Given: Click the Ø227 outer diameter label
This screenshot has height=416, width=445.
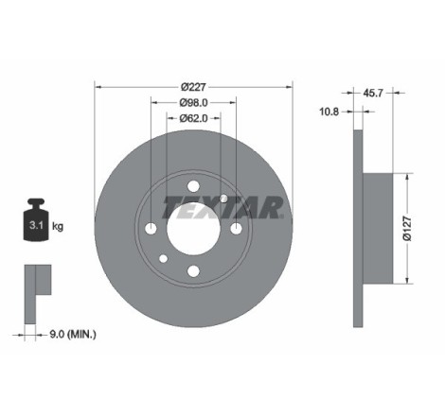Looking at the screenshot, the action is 193,87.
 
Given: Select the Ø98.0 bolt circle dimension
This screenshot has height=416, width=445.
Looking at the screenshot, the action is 193,103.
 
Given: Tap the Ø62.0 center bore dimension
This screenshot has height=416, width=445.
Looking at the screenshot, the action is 193,118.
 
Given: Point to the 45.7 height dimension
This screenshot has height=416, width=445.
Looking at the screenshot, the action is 373,93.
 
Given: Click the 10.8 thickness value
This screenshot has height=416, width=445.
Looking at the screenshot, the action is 329,112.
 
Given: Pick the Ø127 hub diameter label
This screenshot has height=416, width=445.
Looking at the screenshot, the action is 407,229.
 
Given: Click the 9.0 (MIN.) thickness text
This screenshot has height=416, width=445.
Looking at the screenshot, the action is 73,334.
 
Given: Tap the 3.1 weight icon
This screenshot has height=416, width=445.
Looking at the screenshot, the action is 36,220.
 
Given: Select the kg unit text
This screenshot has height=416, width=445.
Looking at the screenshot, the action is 58,226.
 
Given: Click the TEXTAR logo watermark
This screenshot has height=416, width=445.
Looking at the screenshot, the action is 222,207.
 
